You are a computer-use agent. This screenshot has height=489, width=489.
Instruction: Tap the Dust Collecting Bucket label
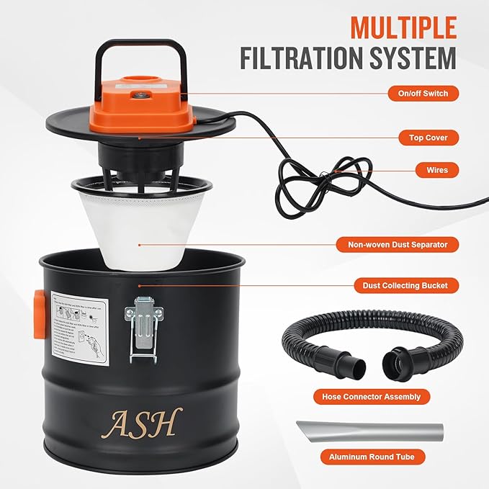pyautogui.click(x=400, y=285)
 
